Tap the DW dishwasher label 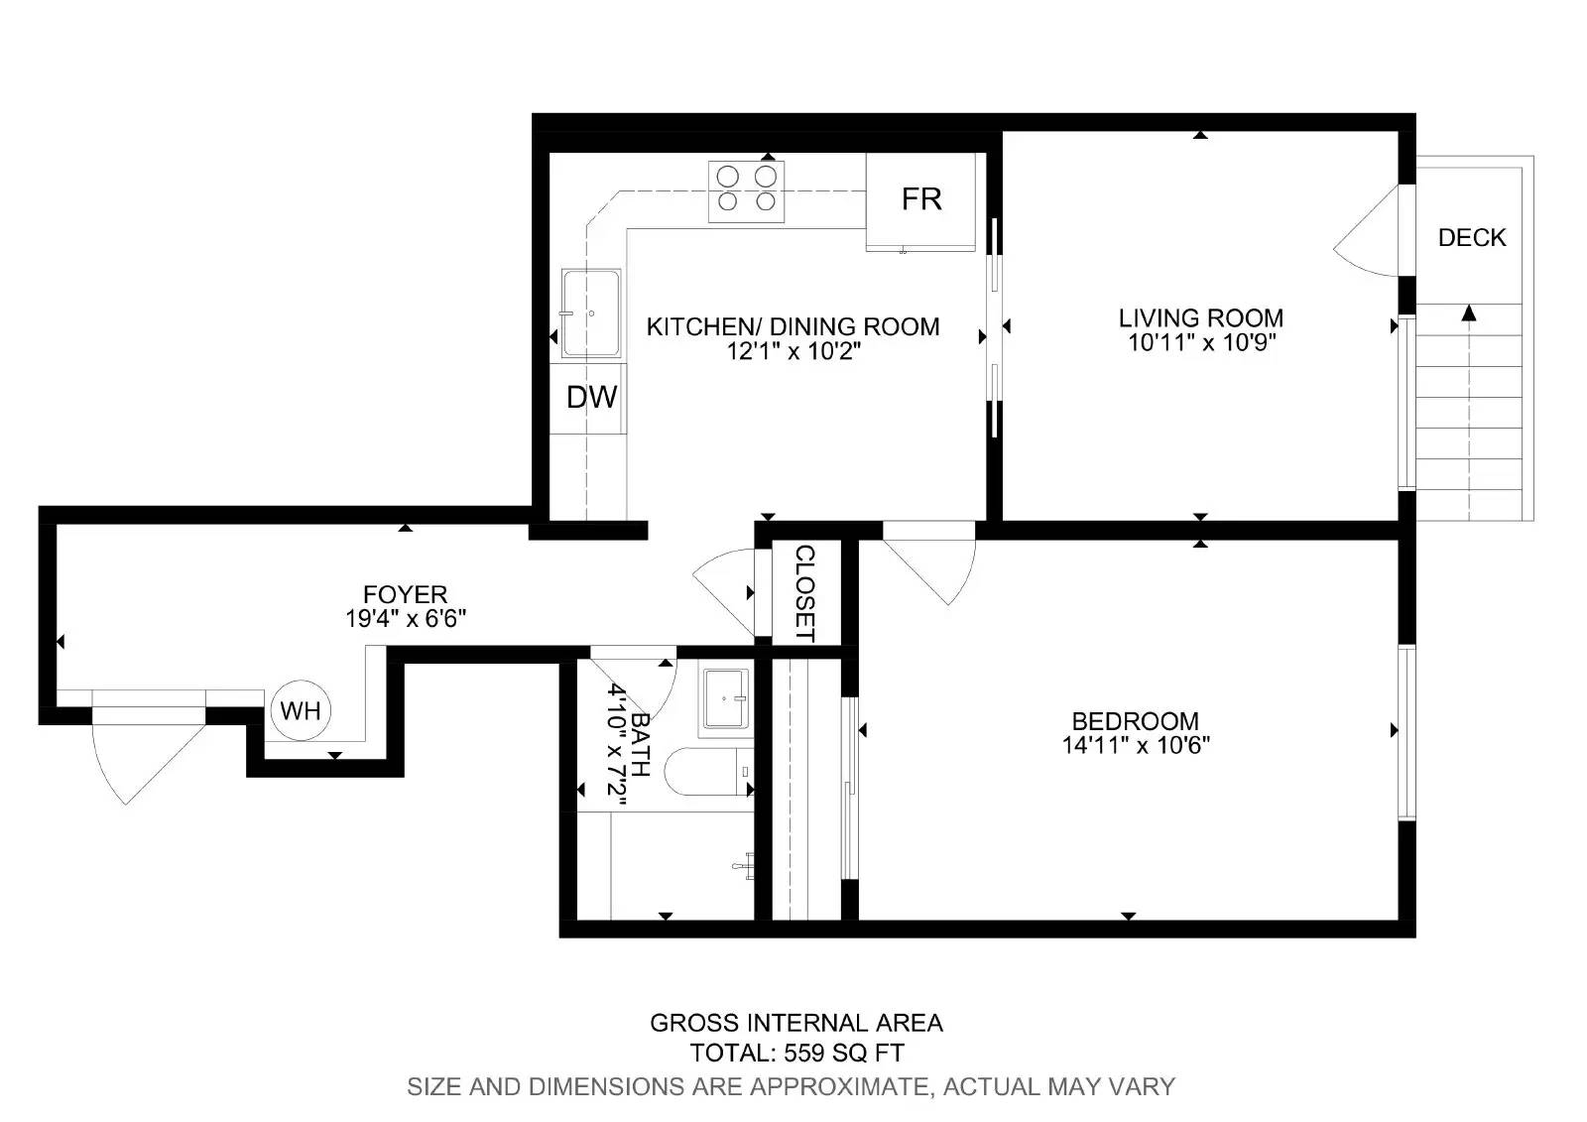pos(591,398)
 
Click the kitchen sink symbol pos(591,312)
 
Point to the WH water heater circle pos(301,710)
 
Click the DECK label pos(1472,238)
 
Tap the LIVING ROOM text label pos(1200,318)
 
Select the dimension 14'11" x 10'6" pos(1136,745)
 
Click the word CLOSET pos(804,593)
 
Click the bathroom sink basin pos(727,701)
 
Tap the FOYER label pos(405,594)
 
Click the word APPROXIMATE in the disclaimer pos(838,1086)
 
